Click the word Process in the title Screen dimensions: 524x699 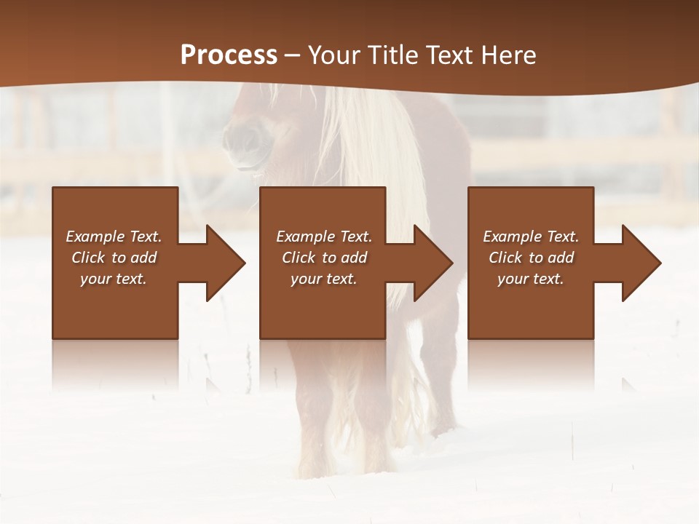click(229, 55)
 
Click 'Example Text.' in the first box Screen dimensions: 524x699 click(114, 237)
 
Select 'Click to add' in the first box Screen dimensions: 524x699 click(114, 258)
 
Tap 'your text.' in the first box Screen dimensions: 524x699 click(114, 279)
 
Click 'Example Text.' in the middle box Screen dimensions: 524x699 click(324, 237)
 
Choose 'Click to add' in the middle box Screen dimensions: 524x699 click(324, 258)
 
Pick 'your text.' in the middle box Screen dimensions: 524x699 click(324, 279)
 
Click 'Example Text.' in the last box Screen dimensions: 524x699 click(531, 237)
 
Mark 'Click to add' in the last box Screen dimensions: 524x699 click(531, 258)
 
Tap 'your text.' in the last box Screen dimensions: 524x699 click(531, 279)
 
